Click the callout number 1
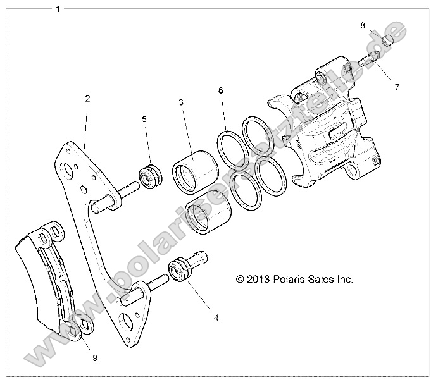tap(58, 9)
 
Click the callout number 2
tap(87, 99)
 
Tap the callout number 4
tap(216, 317)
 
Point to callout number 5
tap(144, 118)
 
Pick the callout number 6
tap(221, 91)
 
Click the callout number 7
tap(397, 88)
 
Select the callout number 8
tap(363, 26)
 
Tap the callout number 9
tap(94, 358)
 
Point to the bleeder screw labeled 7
tap(368, 60)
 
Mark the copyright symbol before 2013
tap(240, 279)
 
